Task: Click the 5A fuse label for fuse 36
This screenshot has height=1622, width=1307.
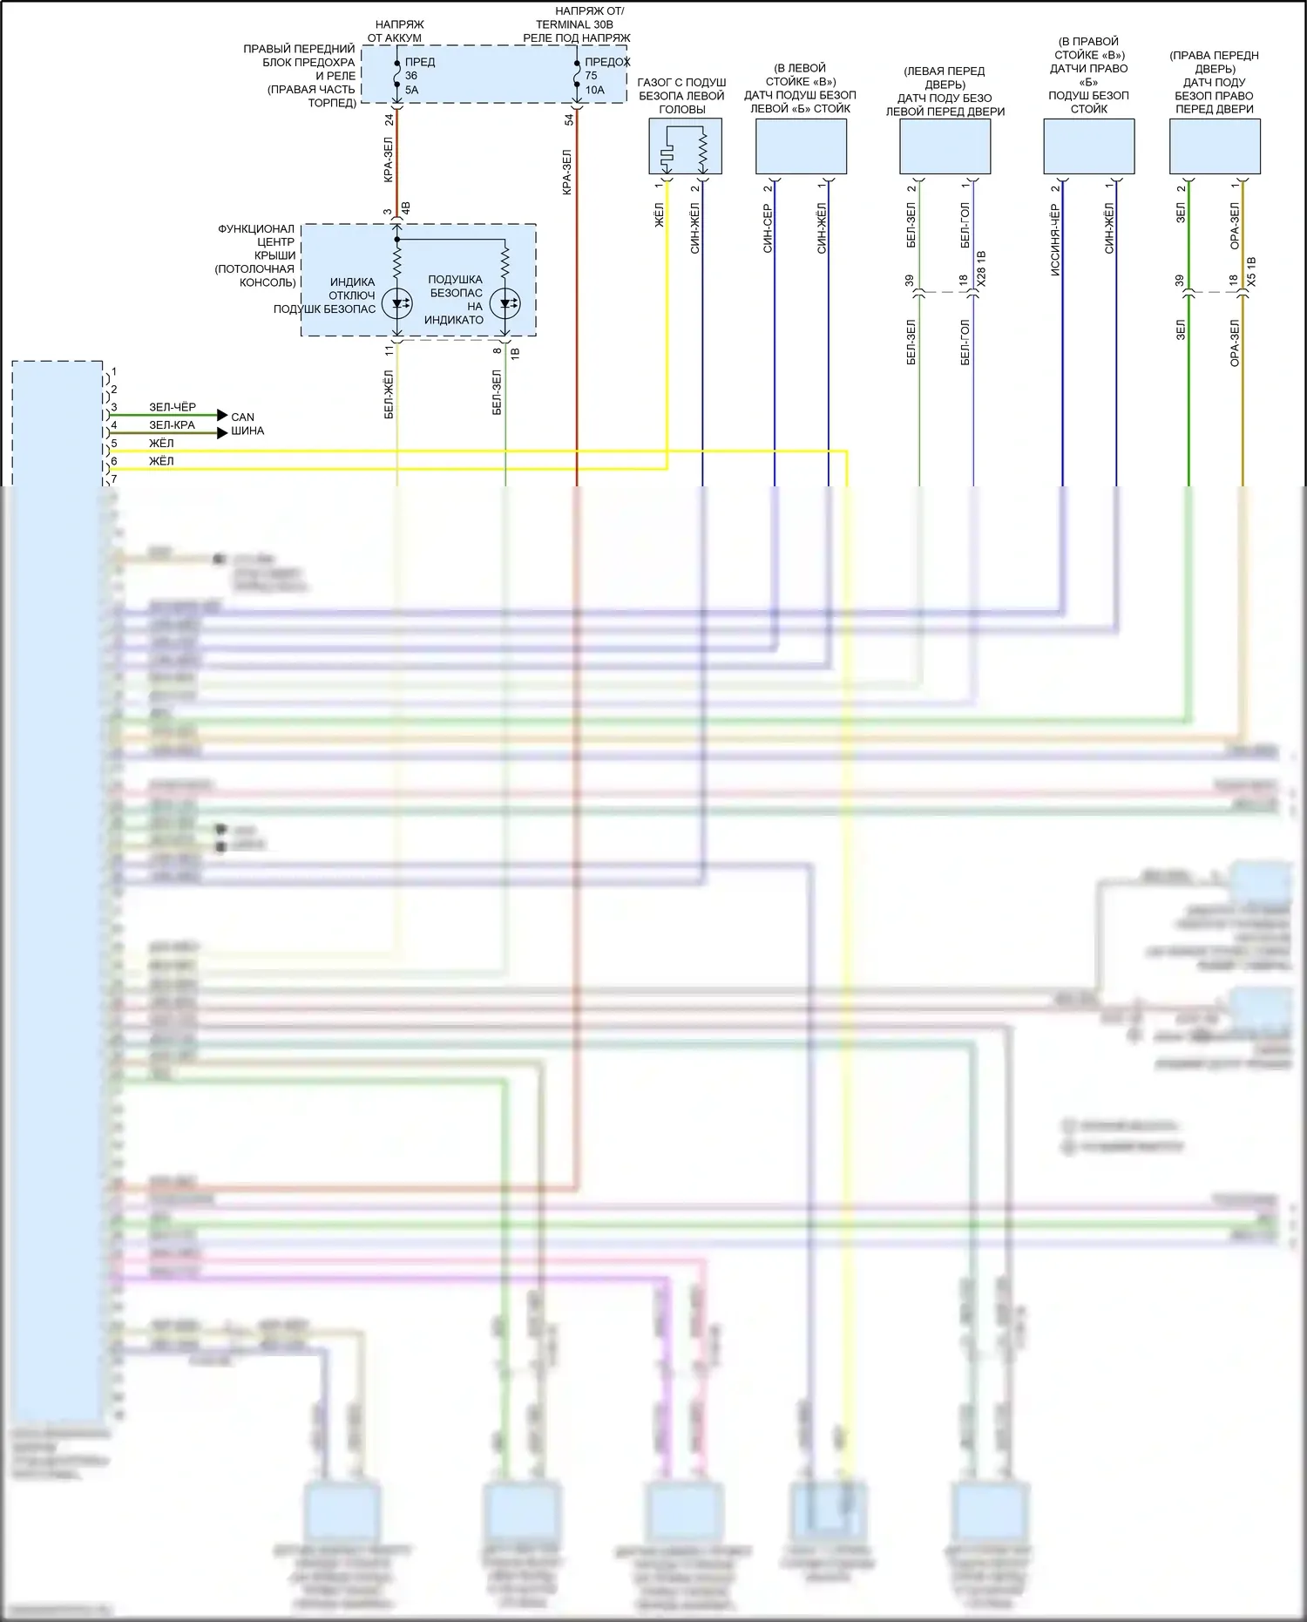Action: pyautogui.click(x=411, y=90)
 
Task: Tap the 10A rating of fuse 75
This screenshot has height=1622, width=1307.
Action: pyautogui.click(x=594, y=90)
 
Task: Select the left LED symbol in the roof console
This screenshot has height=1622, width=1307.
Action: pyautogui.click(x=397, y=303)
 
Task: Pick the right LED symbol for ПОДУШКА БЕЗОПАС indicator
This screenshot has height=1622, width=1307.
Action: pyautogui.click(x=505, y=303)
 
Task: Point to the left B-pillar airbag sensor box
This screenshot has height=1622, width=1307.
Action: pyautogui.click(x=801, y=146)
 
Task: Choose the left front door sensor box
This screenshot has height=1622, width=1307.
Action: pyautogui.click(x=945, y=146)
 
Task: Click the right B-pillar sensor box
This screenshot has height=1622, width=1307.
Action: pyautogui.click(x=1088, y=146)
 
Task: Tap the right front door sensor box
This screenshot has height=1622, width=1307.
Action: pyautogui.click(x=1214, y=146)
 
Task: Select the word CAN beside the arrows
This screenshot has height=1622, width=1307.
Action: pyautogui.click(x=242, y=417)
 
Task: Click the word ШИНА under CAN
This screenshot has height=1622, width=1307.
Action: pyautogui.click(x=247, y=431)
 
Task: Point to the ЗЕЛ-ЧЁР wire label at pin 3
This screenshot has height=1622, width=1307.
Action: pyautogui.click(x=173, y=407)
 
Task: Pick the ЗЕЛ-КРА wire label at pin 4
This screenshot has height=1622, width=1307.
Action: pyautogui.click(x=172, y=425)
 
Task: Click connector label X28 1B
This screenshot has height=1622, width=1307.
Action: pyautogui.click(x=982, y=269)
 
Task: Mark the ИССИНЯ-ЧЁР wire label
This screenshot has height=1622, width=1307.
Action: pyautogui.click(x=1054, y=241)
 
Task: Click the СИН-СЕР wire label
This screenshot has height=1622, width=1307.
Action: pyautogui.click(x=767, y=229)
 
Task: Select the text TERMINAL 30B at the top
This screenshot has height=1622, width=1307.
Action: pyautogui.click(x=574, y=24)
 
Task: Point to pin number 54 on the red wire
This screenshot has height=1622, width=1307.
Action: pyautogui.click(x=569, y=119)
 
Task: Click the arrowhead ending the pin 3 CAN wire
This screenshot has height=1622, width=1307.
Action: pyautogui.click(x=222, y=415)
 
